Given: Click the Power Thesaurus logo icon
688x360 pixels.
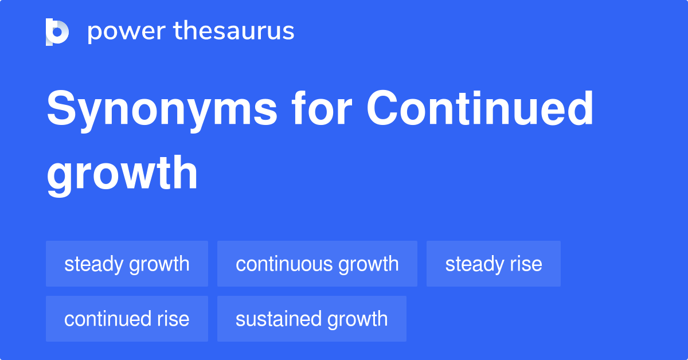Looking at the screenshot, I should tap(57, 32).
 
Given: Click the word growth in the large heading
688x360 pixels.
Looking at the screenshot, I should tap(122, 173).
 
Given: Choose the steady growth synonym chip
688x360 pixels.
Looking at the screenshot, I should tap(127, 264).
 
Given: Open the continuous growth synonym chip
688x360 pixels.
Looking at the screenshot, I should tap(317, 264).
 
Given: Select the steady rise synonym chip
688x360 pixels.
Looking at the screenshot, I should tap(494, 264).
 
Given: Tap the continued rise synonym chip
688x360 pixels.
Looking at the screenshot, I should tap(127, 319).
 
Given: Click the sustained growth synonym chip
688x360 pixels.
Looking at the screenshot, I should tap(312, 319).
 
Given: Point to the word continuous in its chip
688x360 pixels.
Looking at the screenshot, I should tap(284, 264).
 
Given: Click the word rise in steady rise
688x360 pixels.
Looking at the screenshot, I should tap(525, 264).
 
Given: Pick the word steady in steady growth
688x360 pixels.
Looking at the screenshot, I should tap(94, 264).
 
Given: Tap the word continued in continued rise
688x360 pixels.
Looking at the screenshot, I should tap(107, 319).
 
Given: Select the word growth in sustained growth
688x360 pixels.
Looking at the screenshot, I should tap(357, 319).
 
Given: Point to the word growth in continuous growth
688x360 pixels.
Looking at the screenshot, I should tap(368, 264).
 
